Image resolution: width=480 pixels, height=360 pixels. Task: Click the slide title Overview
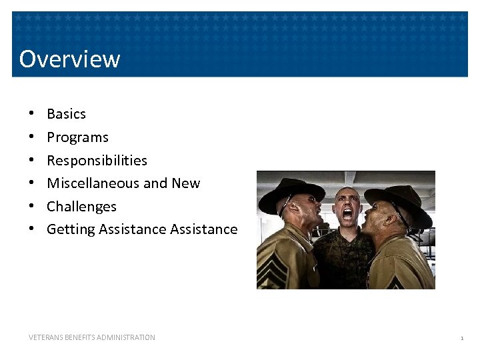pos(69,59)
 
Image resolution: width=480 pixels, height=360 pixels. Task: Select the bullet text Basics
pos(66,114)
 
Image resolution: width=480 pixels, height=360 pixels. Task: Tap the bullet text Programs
pos(77,137)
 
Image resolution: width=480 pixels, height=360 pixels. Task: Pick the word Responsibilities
pos(97,161)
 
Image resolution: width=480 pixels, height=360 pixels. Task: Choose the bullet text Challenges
pos(81,207)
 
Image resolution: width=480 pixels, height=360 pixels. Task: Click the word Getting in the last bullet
pos(71,229)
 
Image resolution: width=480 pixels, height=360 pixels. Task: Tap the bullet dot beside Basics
pos(31,114)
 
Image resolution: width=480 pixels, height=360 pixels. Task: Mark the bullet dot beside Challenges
pos(31,207)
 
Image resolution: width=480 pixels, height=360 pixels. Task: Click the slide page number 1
pos(461,339)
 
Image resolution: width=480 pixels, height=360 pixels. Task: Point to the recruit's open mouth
pos(347,215)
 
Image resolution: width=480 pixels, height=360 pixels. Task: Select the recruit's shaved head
pos(346,194)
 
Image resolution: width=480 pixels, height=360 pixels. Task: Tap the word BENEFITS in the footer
pos(84,337)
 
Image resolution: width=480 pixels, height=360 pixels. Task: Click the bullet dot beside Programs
pos(31,137)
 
